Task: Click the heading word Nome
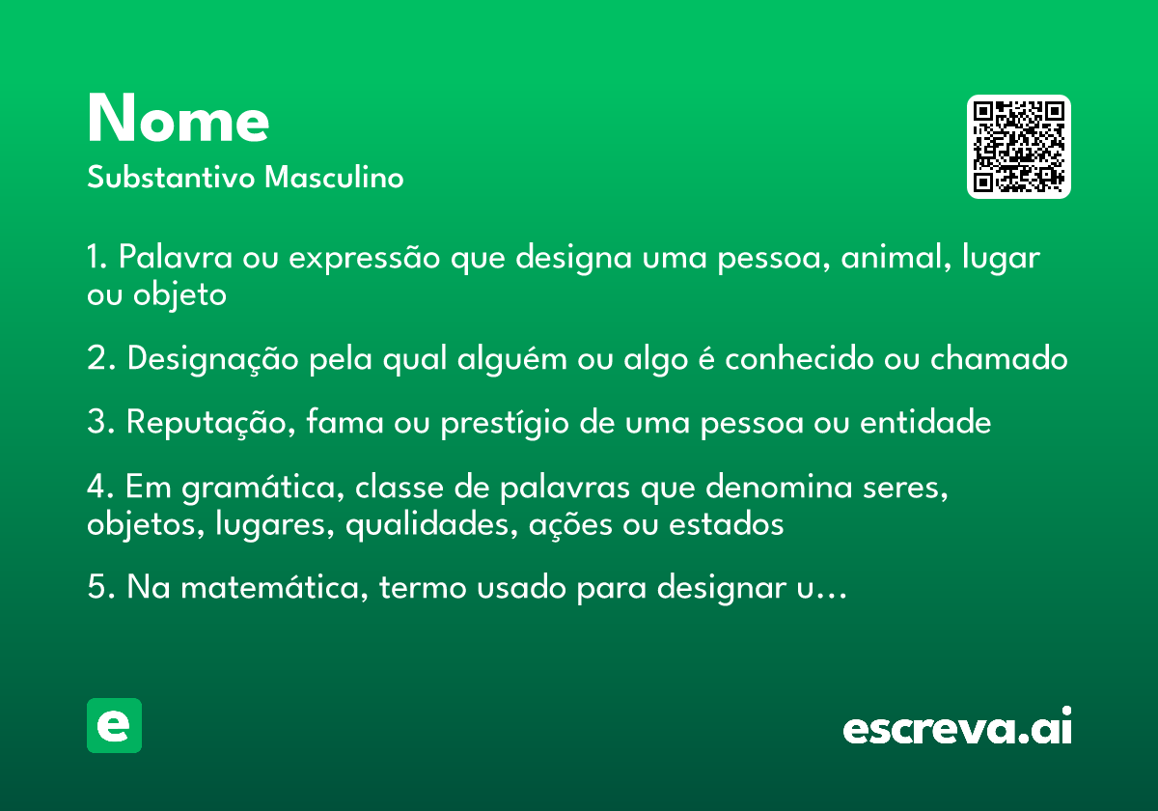point(178,121)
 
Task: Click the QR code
point(1019,147)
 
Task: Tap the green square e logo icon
point(114,725)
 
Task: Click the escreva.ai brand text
point(957,728)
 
